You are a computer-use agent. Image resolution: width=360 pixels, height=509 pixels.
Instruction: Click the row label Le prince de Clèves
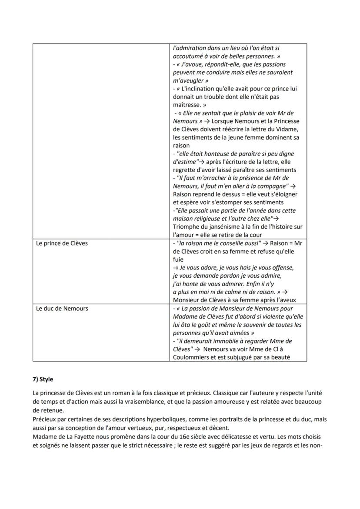tap(62, 243)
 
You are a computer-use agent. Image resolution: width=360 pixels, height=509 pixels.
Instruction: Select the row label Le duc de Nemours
tap(62, 308)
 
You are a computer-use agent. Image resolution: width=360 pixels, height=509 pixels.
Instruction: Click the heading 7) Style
tap(43, 379)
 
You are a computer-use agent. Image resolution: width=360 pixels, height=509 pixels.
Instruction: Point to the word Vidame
tap(286, 130)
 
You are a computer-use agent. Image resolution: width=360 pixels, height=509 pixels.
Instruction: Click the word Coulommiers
tap(193, 357)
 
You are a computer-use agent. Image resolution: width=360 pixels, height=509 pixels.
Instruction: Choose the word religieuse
tap(205, 219)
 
